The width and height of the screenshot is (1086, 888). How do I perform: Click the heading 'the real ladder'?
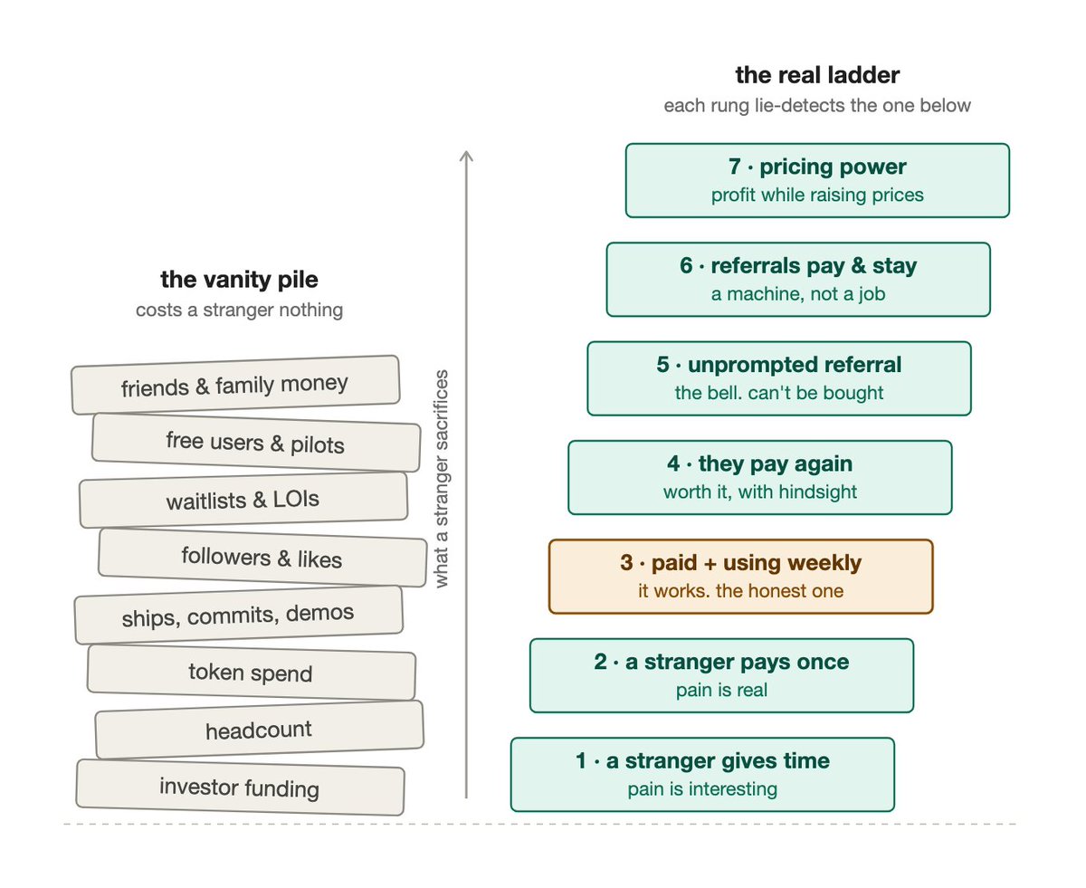pyautogui.click(x=816, y=75)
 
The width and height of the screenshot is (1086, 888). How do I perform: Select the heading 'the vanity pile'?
pyautogui.click(x=239, y=280)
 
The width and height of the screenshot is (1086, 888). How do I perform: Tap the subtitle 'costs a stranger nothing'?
pyautogui.click(x=239, y=310)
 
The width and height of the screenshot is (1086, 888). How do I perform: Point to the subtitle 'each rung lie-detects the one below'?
pyautogui.click(x=816, y=106)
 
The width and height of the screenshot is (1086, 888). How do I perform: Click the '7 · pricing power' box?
pyautogui.click(x=817, y=180)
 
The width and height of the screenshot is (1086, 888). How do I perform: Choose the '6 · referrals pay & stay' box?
pyautogui.click(x=798, y=279)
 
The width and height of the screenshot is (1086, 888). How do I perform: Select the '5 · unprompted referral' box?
pyautogui.click(x=779, y=378)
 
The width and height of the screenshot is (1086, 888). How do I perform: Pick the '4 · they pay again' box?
pyautogui.click(x=760, y=477)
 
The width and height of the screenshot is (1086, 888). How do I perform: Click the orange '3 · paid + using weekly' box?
pyautogui.click(x=740, y=577)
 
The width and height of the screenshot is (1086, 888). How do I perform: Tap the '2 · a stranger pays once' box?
pyautogui.click(x=721, y=675)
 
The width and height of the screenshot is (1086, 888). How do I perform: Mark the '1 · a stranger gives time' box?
pyautogui.click(x=702, y=774)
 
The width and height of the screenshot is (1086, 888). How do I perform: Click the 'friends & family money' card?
pyautogui.click(x=235, y=385)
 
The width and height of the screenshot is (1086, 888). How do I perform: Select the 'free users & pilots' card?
pyautogui.click(x=256, y=443)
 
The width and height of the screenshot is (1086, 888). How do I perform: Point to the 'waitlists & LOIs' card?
pyautogui.click(x=243, y=500)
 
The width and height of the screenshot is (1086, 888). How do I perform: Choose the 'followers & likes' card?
pyautogui.click(x=262, y=558)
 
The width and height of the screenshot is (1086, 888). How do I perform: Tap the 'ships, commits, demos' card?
pyautogui.click(x=238, y=615)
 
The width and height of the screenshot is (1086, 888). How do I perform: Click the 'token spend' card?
pyautogui.click(x=252, y=673)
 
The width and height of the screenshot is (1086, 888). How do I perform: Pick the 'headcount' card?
pyautogui.click(x=260, y=730)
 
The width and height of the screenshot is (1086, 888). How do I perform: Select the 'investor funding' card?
pyautogui.click(x=240, y=788)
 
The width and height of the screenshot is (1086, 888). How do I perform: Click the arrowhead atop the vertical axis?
pyautogui.click(x=466, y=151)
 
